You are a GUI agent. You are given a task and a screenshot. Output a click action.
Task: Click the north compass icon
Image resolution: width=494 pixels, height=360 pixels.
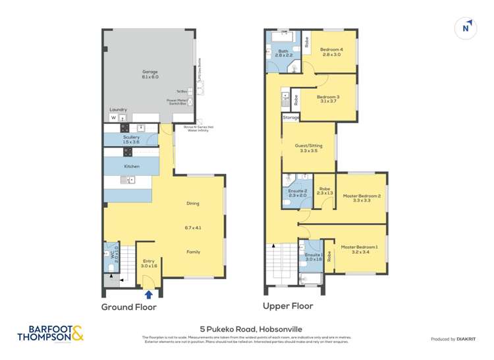coord(466,28)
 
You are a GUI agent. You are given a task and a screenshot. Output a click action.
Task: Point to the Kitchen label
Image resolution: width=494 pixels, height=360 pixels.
coord(132,167)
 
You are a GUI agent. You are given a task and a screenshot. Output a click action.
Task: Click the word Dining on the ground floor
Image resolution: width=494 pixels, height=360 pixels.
coord(193,203)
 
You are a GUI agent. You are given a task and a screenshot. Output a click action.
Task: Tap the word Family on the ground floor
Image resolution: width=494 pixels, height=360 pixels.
coord(193,251)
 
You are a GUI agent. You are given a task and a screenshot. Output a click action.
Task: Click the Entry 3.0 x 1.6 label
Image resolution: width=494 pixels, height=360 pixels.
coord(149,264)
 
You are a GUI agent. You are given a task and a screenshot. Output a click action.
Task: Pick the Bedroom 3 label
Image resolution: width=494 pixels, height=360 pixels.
coord(329,98)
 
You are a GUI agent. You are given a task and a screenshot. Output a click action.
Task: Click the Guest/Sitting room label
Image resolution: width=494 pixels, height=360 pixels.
coord(309,147)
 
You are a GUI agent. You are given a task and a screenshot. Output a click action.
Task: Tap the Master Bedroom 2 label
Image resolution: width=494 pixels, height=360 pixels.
coord(362,197)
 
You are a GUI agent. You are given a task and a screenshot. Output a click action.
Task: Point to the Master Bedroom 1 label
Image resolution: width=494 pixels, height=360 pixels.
coord(360,249)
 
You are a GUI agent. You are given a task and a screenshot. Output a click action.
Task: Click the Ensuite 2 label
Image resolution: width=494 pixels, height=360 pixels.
coord(298,193)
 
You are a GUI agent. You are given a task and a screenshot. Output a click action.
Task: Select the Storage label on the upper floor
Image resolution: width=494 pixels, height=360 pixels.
coord(290,117)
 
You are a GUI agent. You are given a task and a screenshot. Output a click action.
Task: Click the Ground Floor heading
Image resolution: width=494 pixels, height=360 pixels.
coord(130,307)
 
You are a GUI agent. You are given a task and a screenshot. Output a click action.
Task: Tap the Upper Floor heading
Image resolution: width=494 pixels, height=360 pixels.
coord(288,306)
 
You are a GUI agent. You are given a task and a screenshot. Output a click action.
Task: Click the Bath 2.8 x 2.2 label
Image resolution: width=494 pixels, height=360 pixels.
coord(284,53)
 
